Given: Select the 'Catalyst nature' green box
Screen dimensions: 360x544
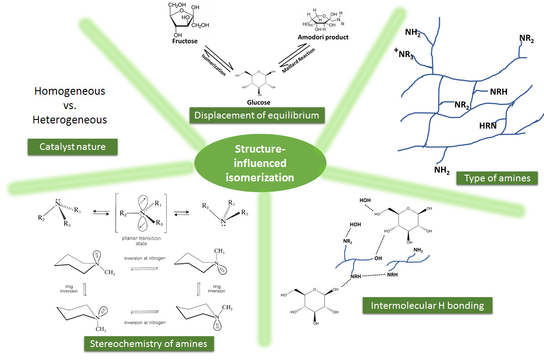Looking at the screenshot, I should pos(73,147).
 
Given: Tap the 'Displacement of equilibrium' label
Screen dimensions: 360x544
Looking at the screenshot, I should pos(257,115).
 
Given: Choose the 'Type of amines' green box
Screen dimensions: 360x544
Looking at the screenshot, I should pos(497,178).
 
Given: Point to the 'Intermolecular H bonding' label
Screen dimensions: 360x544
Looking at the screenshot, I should pos(427,306).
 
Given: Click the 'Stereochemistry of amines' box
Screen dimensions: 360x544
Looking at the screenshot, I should pos(149,344).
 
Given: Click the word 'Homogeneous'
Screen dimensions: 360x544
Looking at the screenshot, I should pos(70,91).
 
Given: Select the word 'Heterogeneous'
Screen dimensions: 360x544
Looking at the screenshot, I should pos(70,120).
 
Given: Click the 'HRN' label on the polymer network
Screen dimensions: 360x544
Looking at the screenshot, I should pos(487,126).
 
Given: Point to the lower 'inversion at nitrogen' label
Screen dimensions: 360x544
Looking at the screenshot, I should pos(145,322).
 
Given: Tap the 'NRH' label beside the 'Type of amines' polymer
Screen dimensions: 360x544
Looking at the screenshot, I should pos(499,92).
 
